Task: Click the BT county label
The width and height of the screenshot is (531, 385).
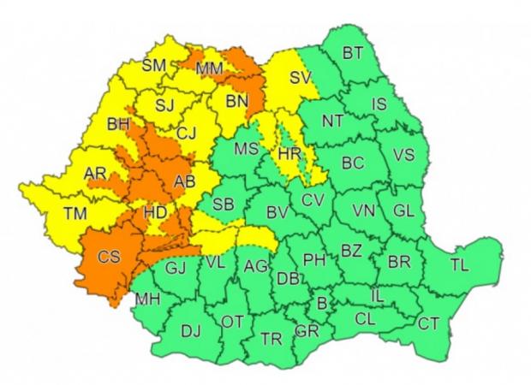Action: point(352,53)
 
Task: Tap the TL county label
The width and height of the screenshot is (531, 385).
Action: point(459,265)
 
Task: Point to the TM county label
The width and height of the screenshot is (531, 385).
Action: point(75,215)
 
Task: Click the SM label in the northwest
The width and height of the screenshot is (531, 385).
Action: point(154,65)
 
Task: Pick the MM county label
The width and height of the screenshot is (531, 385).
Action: point(211,67)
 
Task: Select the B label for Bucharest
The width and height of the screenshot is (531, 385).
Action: point(322,302)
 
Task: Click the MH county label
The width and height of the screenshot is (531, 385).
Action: point(147,299)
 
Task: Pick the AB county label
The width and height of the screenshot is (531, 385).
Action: point(185,182)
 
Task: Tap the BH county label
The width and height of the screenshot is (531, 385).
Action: point(118,125)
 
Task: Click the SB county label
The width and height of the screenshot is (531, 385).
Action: point(223,204)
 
